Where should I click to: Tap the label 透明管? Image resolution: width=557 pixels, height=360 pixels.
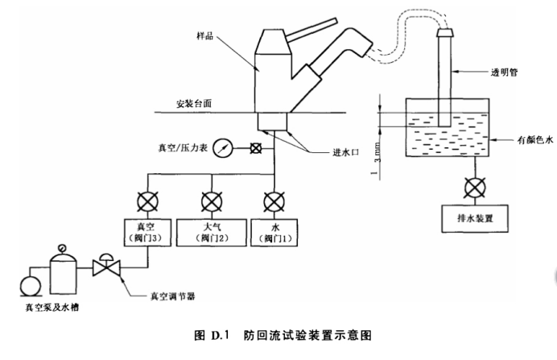(x=505, y=72)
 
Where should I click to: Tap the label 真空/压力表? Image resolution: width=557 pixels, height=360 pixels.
(x=184, y=148)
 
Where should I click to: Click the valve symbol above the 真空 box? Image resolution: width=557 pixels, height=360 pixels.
(x=146, y=199)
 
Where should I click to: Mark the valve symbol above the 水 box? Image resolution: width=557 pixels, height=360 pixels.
(x=275, y=199)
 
